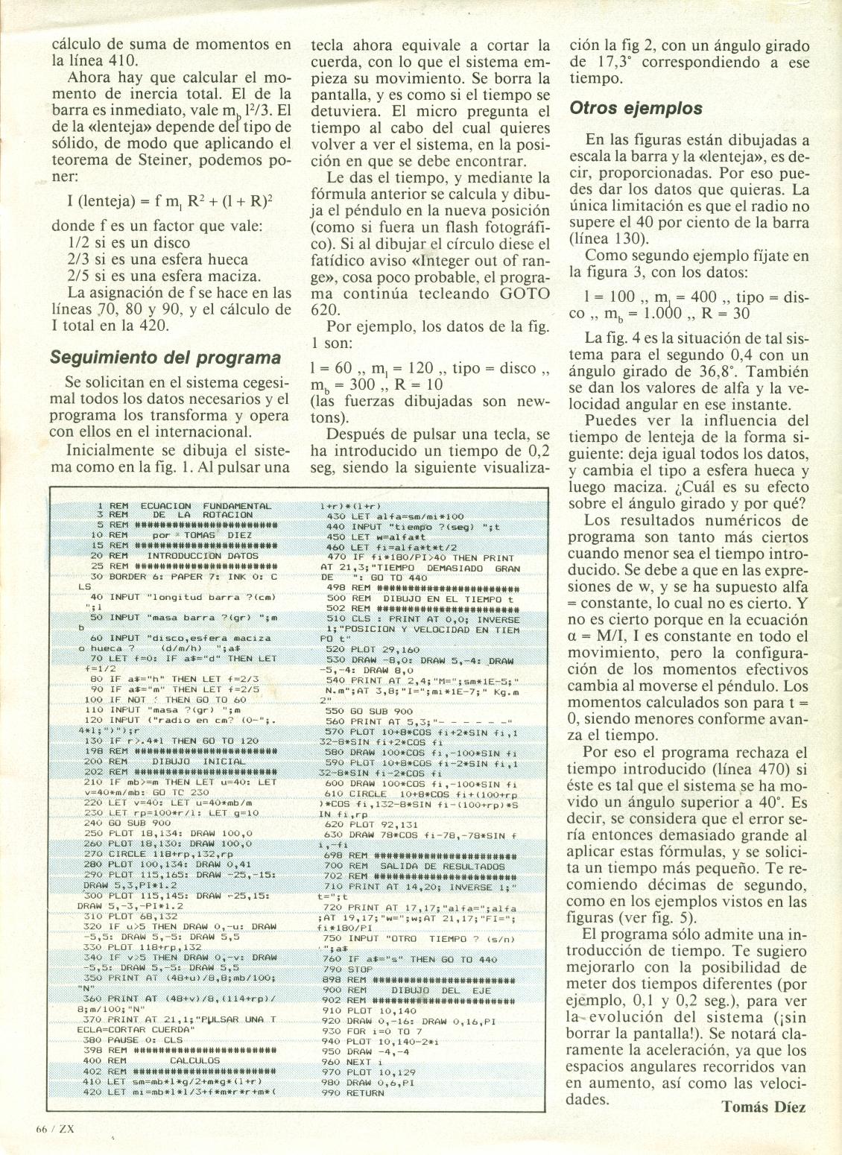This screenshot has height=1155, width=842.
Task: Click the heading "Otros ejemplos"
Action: click(x=636, y=108)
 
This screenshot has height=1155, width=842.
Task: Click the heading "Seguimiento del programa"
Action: click(x=165, y=357)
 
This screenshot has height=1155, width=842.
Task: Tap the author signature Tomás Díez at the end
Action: click(x=763, y=1107)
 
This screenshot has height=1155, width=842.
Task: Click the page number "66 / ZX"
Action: click(x=54, y=1128)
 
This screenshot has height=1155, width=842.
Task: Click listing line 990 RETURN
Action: click(x=355, y=1093)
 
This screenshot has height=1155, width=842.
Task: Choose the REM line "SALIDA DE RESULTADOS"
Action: click(x=417, y=867)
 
